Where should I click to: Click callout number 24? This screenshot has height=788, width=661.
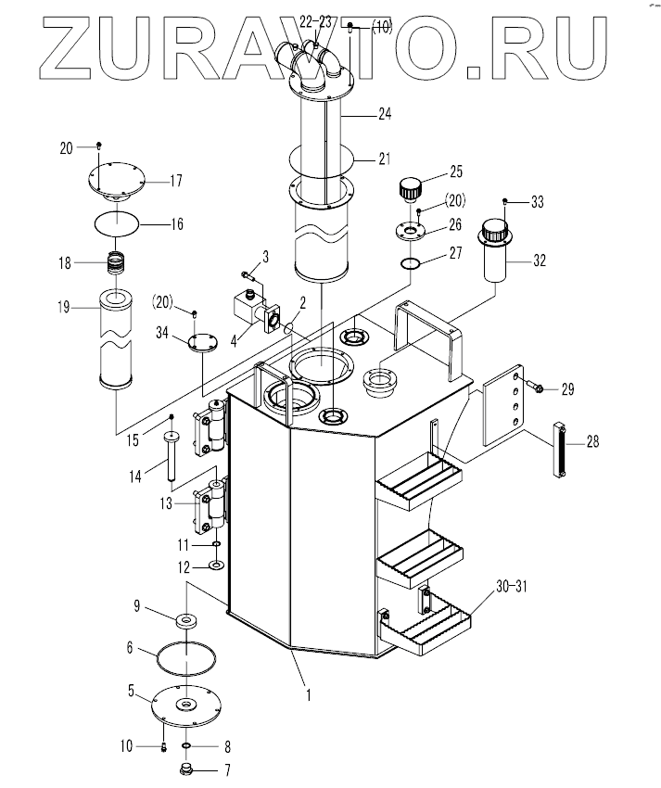pyautogui.click(x=386, y=115)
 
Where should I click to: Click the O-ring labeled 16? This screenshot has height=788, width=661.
pyautogui.click(x=118, y=222)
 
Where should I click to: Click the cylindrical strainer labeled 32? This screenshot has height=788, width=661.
pyautogui.click(x=497, y=255)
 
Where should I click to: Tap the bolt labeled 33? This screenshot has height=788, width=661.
pyautogui.click(x=504, y=201)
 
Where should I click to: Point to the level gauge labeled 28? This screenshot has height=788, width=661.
pyautogui.click(x=560, y=451)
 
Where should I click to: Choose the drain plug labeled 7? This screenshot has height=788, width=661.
pyautogui.click(x=183, y=769)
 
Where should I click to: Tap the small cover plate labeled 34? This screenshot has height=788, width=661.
pyautogui.click(x=201, y=343)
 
